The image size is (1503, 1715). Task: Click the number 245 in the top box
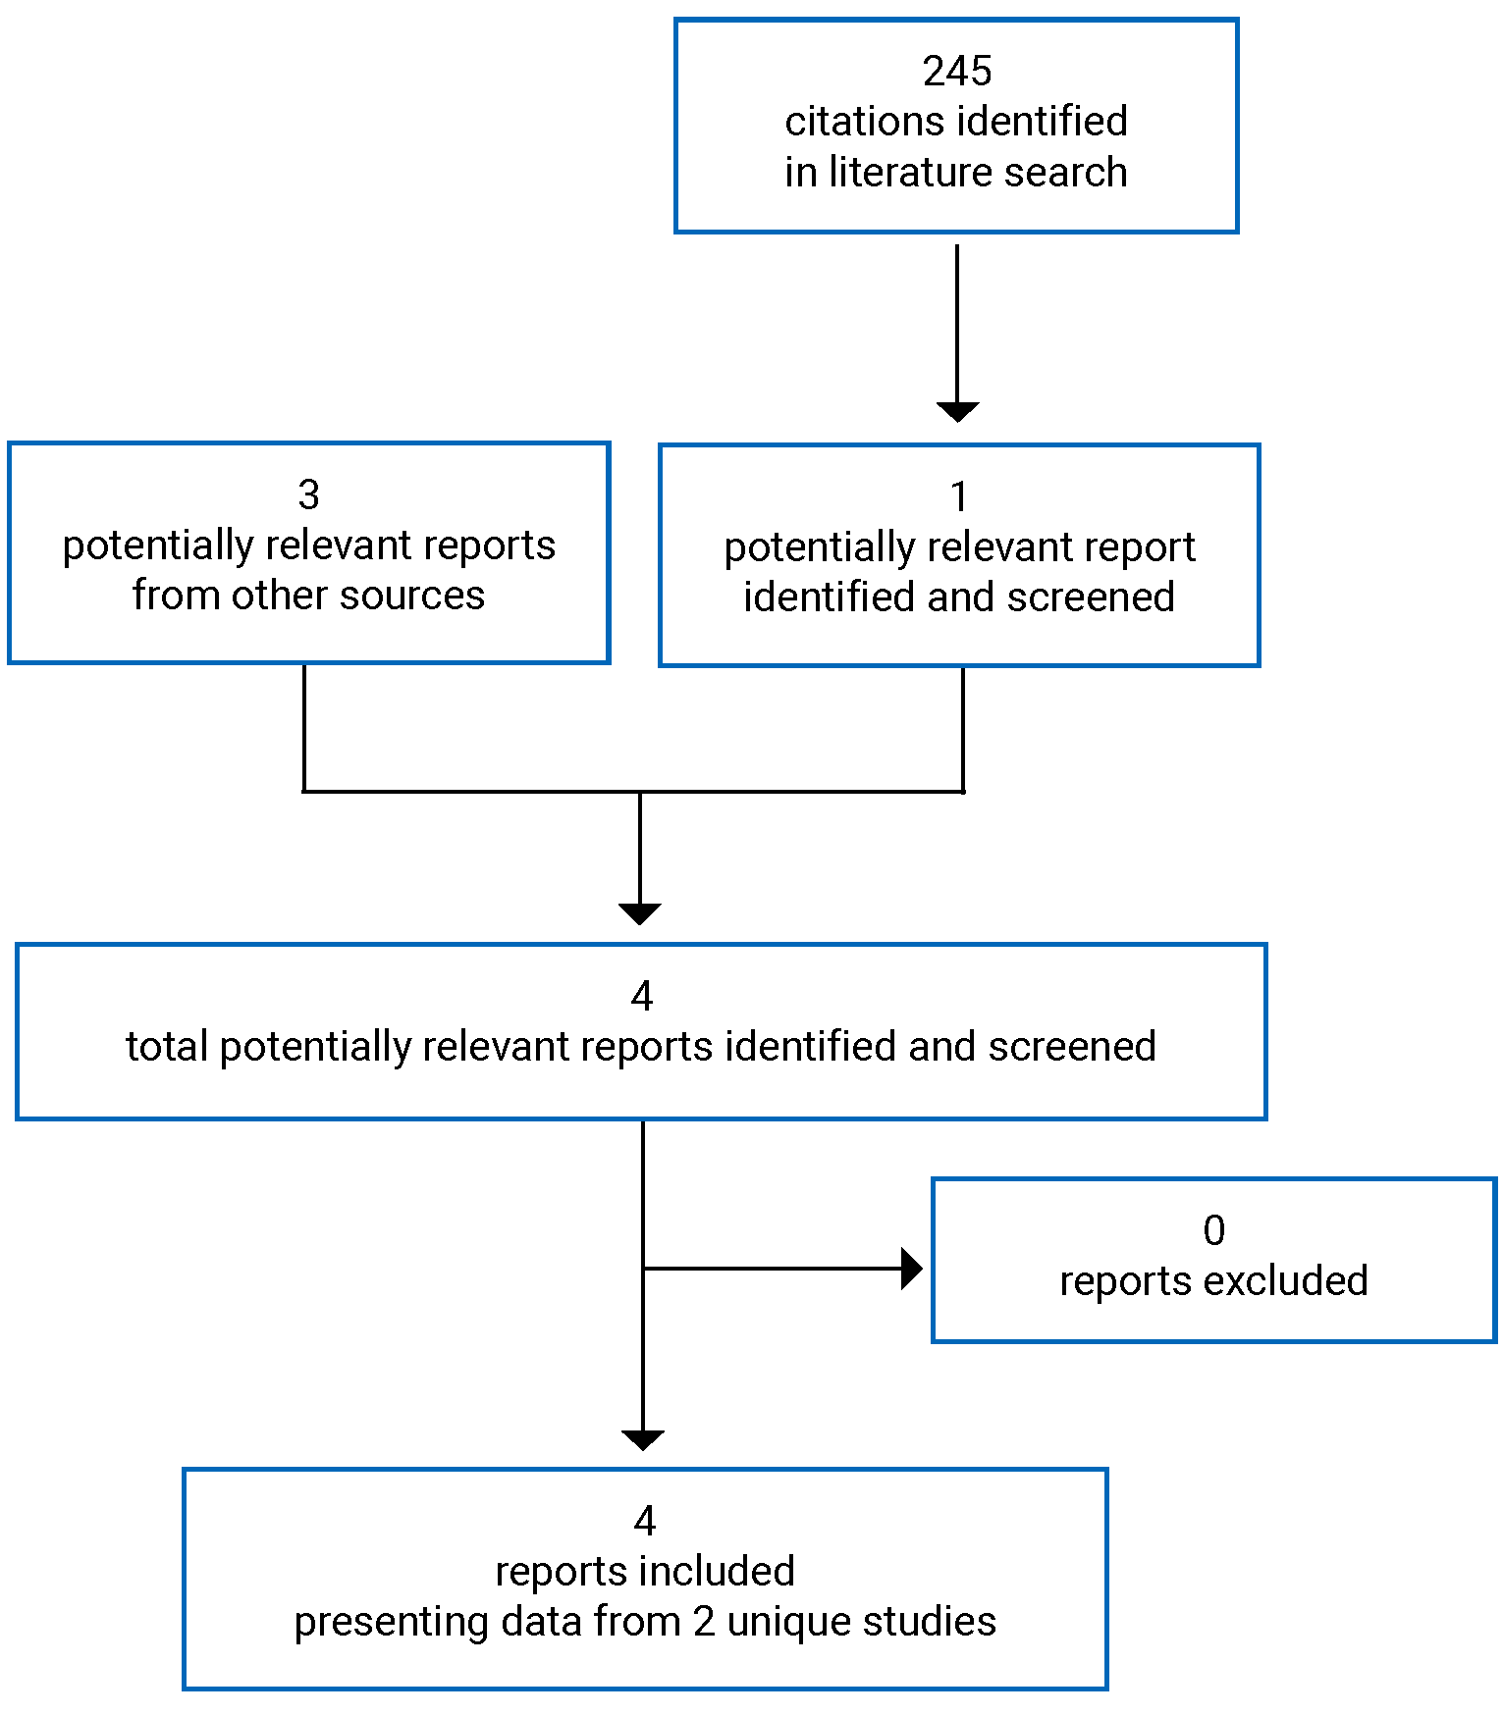click(956, 72)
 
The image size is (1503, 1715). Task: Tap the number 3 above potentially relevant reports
click(308, 495)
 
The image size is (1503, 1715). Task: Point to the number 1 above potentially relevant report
click(959, 497)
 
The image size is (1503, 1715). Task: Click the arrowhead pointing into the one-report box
click(957, 411)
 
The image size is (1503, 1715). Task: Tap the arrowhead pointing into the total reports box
click(640, 913)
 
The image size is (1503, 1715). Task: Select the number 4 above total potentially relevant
click(642, 997)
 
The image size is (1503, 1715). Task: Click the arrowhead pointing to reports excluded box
click(911, 1269)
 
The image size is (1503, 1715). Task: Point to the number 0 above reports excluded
click(1214, 1231)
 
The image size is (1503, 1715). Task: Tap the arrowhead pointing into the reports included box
click(643, 1439)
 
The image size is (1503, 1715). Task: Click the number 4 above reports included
click(644, 1521)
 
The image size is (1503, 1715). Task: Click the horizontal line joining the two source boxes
click(471, 791)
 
